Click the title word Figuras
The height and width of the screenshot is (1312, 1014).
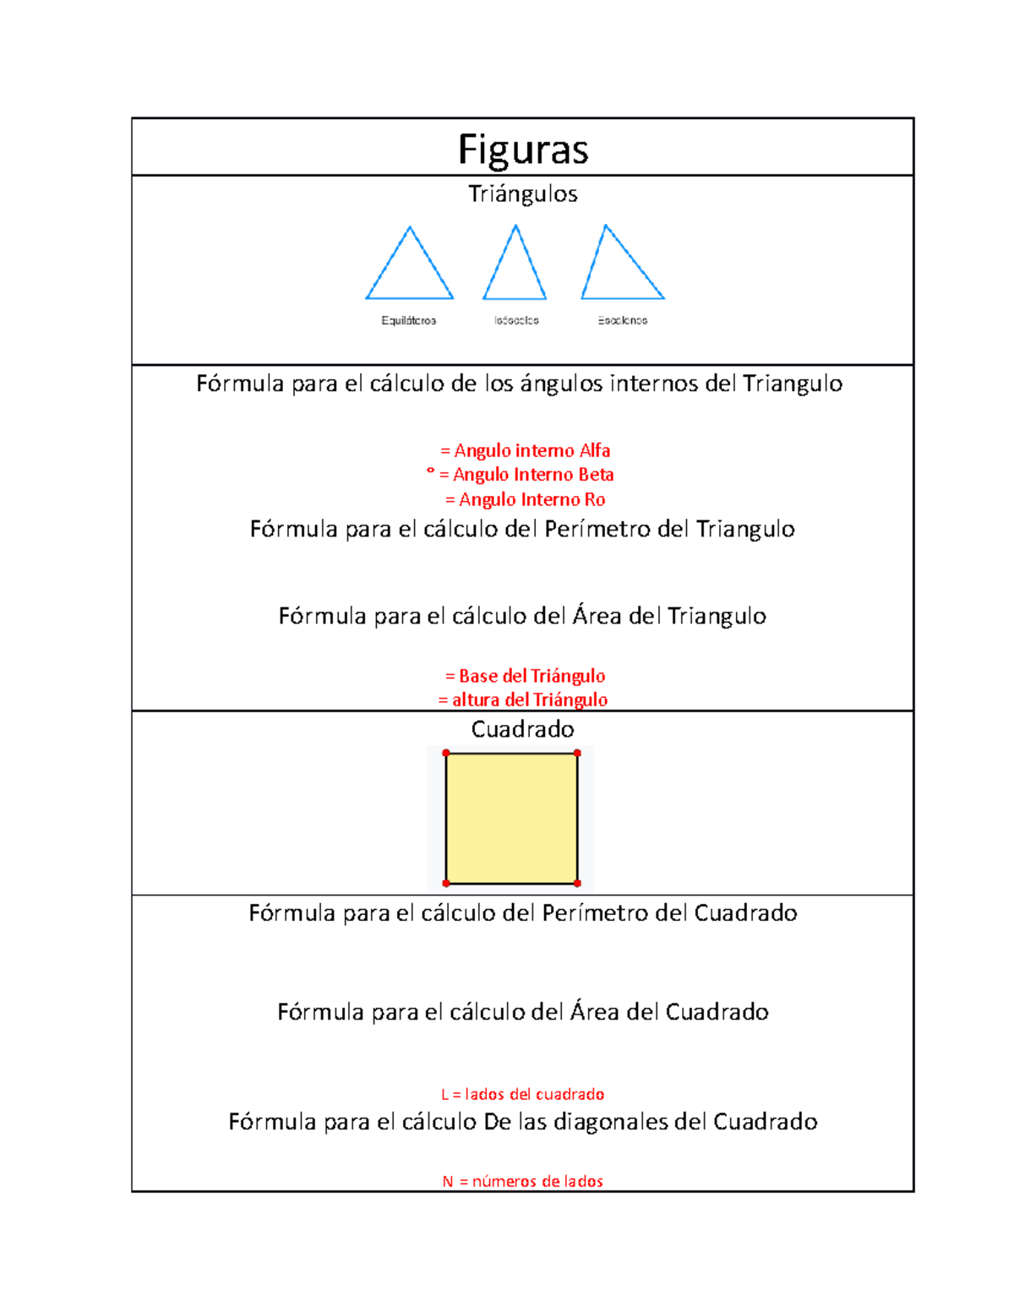[523, 150]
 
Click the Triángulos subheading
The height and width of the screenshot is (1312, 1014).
[523, 194]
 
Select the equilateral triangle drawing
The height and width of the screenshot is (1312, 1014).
[410, 270]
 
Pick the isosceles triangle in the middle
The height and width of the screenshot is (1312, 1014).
[515, 270]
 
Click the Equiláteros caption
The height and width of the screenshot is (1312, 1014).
[409, 321]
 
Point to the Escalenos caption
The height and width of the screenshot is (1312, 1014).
[623, 321]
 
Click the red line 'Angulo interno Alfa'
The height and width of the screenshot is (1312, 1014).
[526, 451]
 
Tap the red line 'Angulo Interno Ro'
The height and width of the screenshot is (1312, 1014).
[526, 500]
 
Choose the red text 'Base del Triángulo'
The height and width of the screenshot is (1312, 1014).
[526, 676]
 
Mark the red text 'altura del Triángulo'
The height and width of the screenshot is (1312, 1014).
[523, 700]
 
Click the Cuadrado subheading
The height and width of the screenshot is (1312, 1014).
[523, 729]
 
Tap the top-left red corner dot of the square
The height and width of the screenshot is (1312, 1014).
[446, 753]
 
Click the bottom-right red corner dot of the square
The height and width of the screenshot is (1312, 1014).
[577, 884]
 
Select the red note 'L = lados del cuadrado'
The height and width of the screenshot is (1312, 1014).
[523, 1095]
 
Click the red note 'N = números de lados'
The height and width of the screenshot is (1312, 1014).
[523, 1182]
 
